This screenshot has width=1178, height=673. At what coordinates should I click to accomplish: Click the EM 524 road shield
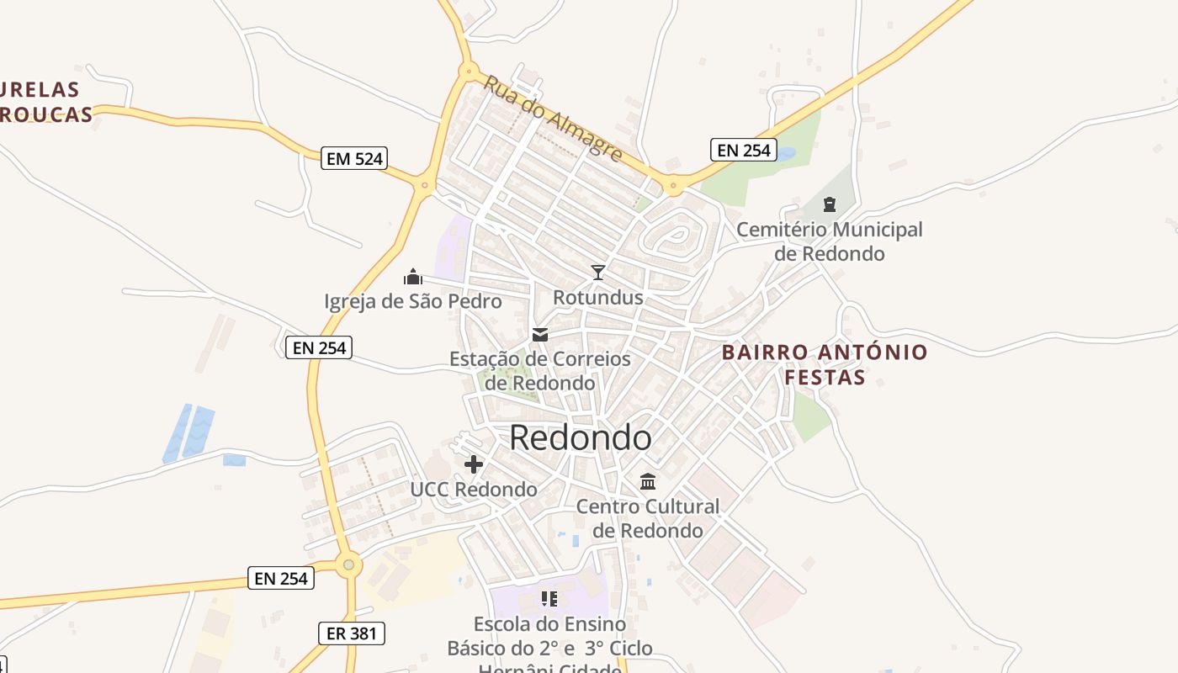[x=354, y=157]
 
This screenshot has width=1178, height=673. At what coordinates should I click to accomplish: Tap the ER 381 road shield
[x=352, y=633]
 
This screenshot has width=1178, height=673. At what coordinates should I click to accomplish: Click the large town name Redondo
[x=581, y=437]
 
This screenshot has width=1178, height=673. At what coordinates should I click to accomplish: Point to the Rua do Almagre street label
[x=553, y=119]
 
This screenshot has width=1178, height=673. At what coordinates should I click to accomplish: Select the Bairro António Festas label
[x=825, y=364]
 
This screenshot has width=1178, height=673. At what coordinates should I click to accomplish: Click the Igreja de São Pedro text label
[x=413, y=301]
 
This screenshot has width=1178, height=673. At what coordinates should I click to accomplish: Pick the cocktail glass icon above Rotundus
[x=598, y=272]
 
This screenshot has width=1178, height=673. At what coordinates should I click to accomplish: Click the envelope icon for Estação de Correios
[x=540, y=335]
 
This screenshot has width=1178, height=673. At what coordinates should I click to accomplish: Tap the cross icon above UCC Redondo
[x=474, y=464]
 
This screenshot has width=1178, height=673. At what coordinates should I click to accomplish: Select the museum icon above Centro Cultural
[x=648, y=481]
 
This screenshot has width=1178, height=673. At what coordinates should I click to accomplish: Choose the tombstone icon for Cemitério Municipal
[x=830, y=204]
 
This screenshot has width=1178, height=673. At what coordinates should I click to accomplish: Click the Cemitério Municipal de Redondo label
[x=830, y=241]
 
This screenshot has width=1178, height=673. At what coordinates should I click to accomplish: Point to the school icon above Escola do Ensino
[x=549, y=598]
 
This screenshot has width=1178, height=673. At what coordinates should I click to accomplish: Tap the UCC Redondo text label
[x=474, y=489]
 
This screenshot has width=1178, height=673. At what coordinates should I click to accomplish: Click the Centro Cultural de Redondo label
[x=648, y=518]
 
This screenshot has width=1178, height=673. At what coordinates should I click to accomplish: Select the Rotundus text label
[x=598, y=297]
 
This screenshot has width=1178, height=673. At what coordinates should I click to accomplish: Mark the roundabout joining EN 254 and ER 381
[x=348, y=565]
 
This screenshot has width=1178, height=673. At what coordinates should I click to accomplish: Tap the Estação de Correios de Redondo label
[x=540, y=371]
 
